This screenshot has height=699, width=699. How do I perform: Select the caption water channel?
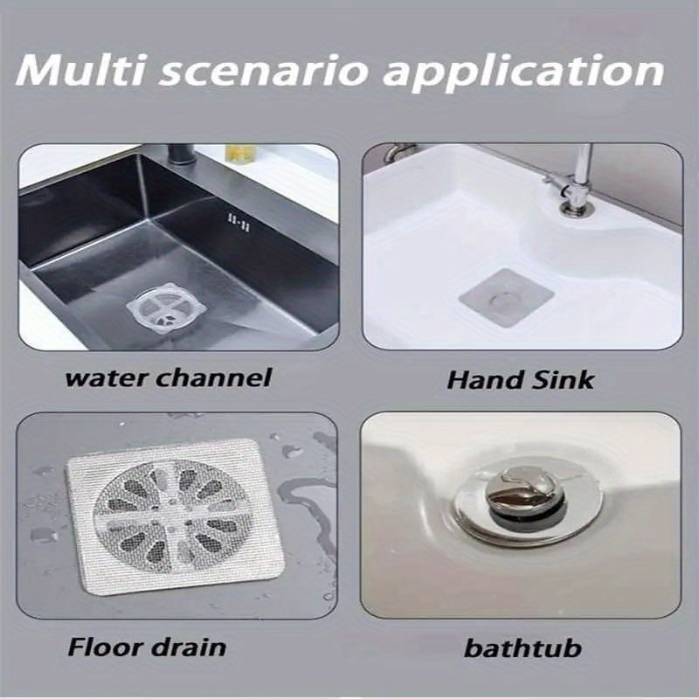(169, 377)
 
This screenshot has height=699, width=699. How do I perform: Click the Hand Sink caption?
(520, 379)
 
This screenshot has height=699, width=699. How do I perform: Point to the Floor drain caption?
(146, 647)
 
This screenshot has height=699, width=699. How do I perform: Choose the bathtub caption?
(523, 649)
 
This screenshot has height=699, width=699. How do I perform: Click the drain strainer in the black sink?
(166, 306)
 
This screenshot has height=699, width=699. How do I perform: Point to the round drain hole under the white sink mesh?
(504, 300)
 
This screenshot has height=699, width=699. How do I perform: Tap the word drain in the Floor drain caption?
(188, 647)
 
